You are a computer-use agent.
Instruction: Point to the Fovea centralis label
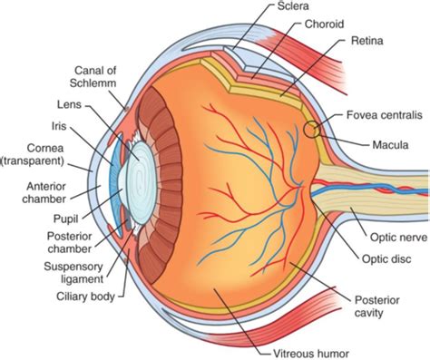(x=381, y=116)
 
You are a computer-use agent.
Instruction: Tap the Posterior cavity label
(x=374, y=306)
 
